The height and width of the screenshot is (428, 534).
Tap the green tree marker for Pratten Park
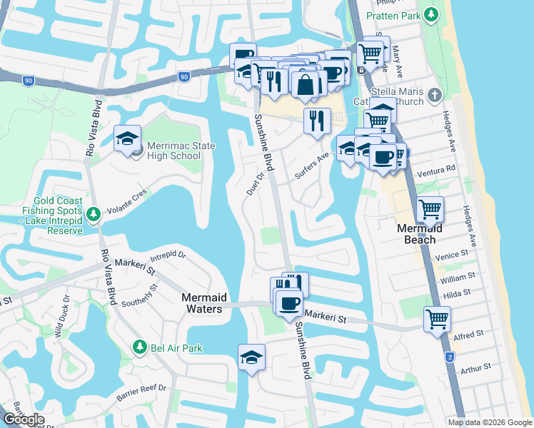coord(430,14)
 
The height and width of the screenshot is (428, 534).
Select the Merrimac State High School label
coord(173,151)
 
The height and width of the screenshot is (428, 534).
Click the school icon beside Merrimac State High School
coord(127,139)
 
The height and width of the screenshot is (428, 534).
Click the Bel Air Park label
coord(176,348)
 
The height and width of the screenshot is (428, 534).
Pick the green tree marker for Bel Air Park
coord(140,348)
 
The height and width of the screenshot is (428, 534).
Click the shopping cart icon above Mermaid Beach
coord(430,210)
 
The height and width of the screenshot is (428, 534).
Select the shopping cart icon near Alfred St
coord(437,319)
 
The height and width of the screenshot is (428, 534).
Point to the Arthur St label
coord(476,367)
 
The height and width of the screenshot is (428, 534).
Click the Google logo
coord(24,419)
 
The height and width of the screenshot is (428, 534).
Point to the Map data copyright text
coord(490,422)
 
